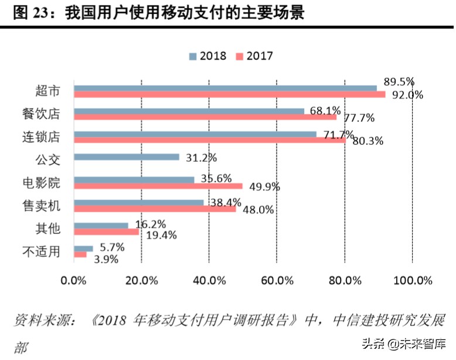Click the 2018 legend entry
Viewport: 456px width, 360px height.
[209, 56]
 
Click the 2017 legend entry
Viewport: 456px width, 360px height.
[254, 56]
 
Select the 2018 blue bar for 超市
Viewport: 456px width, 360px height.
[225, 88]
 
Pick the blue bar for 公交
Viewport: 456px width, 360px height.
[127, 157]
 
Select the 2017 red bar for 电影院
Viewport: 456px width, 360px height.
[158, 186]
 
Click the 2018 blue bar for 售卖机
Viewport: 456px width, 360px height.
[139, 202]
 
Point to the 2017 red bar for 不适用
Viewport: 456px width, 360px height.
[80, 254]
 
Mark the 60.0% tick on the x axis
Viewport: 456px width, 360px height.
[277, 280]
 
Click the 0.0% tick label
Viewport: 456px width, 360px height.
[74, 280]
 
